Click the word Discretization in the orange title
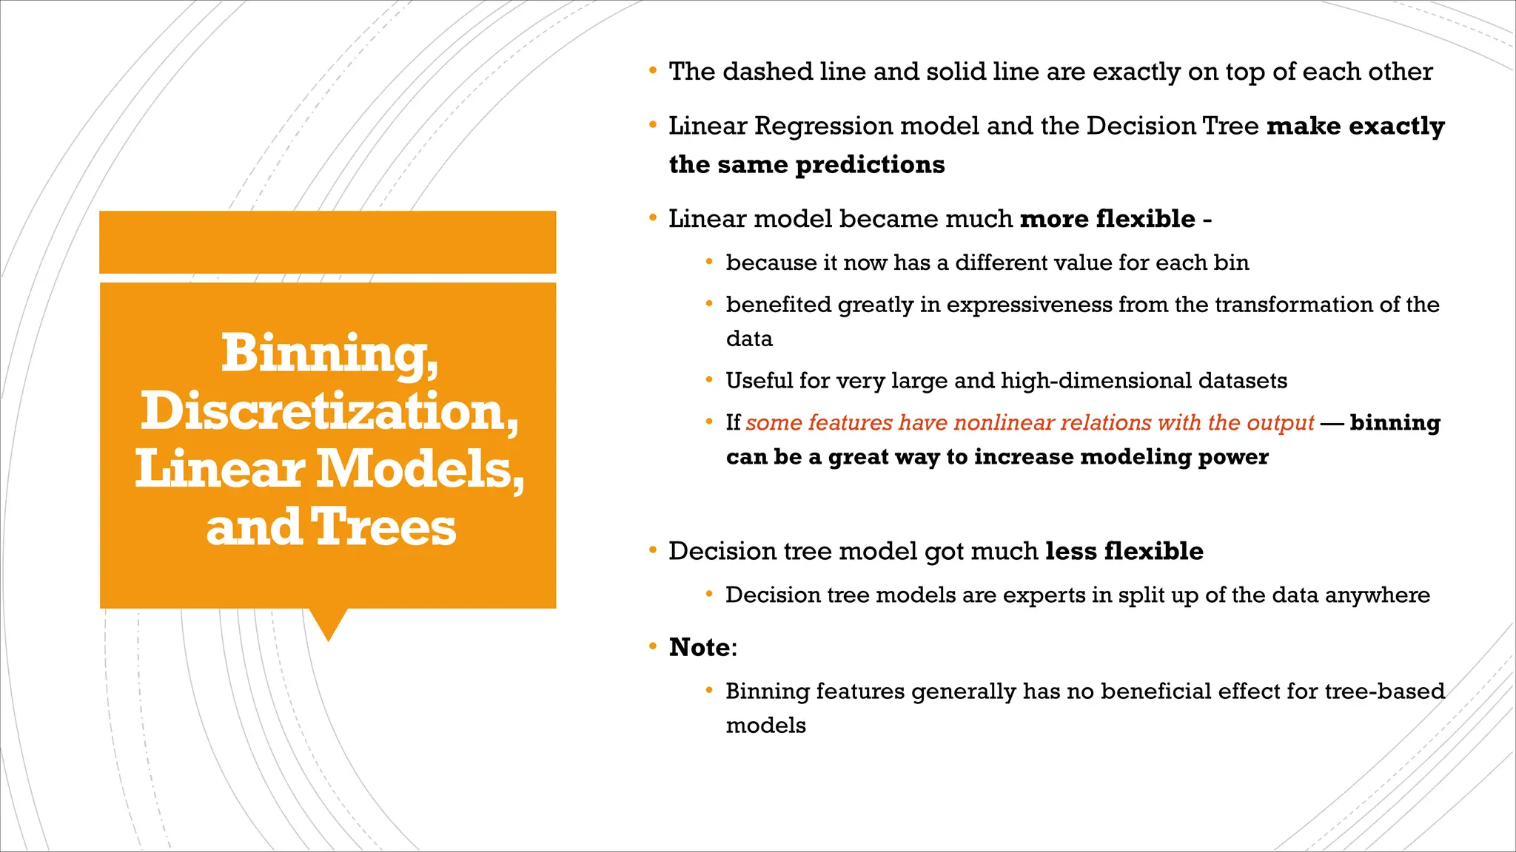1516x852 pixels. pyautogui.click(x=329, y=411)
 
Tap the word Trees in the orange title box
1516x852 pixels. pyautogui.click(x=383, y=527)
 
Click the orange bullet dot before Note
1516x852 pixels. pyautogui.click(x=652, y=646)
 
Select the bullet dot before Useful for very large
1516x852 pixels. pyautogui.click(x=709, y=380)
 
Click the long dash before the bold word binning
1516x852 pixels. pyautogui.click(x=1332, y=424)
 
